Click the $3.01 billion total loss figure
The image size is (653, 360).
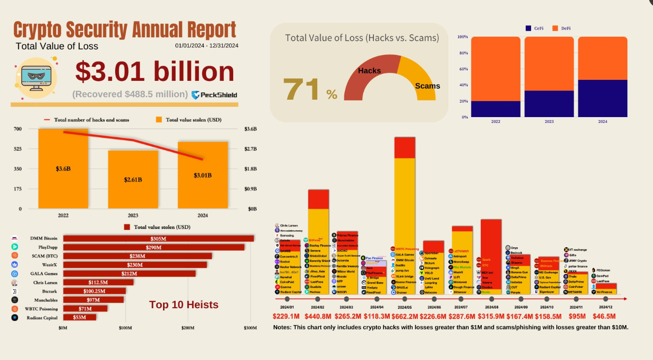(155, 72)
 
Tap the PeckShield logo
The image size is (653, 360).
(214, 95)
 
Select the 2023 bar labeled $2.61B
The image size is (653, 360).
(133, 180)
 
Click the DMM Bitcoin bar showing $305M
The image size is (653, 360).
(158, 239)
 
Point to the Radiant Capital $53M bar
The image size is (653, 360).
(79, 317)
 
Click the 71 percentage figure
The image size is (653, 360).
(301, 90)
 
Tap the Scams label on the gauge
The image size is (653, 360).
(428, 86)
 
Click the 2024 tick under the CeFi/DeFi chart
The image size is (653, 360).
(602, 121)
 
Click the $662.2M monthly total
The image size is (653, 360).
(404, 316)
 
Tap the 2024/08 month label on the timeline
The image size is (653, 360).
(491, 307)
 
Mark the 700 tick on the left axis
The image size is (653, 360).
(17, 129)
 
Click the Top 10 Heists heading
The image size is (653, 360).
(183, 304)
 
